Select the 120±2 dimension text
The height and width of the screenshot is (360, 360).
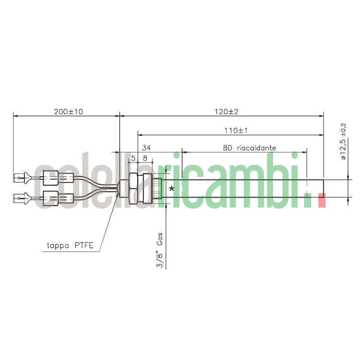pyautogui.click(x=226, y=112)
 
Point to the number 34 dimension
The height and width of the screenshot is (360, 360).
pyautogui.click(x=147, y=148)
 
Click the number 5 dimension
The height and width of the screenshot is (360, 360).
pyautogui.click(x=134, y=158)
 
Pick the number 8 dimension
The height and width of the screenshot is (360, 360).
pyautogui.click(x=145, y=158)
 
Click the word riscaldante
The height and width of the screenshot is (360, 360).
pyautogui.click(x=256, y=148)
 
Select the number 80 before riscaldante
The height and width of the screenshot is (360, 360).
pyautogui.click(x=228, y=148)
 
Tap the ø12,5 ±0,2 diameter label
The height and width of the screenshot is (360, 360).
pyautogui.click(x=343, y=141)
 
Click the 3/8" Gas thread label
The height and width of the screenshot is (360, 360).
pyautogui.click(x=160, y=253)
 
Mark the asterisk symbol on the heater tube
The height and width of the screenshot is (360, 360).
pyautogui.click(x=171, y=189)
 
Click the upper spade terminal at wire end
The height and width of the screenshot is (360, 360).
pyautogui.click(x=20, y=178)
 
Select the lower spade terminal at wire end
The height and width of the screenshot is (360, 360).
pyautogui.click(x=20, y=197)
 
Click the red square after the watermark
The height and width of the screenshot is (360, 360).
pyautogui.click(x=321, y=200)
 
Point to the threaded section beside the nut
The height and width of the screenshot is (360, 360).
pyautogui.click(x=156, y=188)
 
